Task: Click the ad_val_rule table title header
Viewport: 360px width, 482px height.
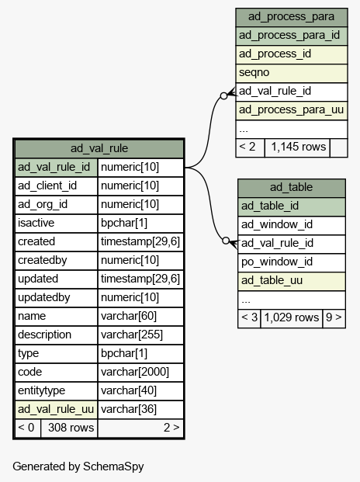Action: [x=99, y=148]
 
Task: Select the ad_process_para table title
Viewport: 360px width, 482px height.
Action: [x=291, y=16]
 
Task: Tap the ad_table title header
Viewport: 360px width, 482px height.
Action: [x=291, y=187]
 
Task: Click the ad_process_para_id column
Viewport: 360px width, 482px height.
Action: [x=291, y=36]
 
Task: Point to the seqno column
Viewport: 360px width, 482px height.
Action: [x=291, y=73]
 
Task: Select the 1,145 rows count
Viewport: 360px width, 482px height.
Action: [x=297, y=147]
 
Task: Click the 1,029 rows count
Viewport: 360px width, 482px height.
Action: [x=291, y=318]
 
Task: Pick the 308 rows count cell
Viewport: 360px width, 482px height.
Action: [x=69, y=428]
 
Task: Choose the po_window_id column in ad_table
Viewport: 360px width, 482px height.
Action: [x=291, y=262]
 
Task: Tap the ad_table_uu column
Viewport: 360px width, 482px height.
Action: [x=291, y=281]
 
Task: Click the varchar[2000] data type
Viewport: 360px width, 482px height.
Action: [x=140, y=372]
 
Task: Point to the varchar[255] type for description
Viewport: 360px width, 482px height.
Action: [x=140, y=335]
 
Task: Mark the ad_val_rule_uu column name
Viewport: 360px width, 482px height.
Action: [x=56, y=410]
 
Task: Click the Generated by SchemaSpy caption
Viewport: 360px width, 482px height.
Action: [x=78, y=466]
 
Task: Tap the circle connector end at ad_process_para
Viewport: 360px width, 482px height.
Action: [x=224, y=96]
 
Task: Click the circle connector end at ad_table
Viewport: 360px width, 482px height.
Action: [x=226, y=241]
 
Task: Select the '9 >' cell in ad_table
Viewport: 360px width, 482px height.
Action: [x=334, y=318]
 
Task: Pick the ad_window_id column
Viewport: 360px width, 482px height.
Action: [x=291, y=225]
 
